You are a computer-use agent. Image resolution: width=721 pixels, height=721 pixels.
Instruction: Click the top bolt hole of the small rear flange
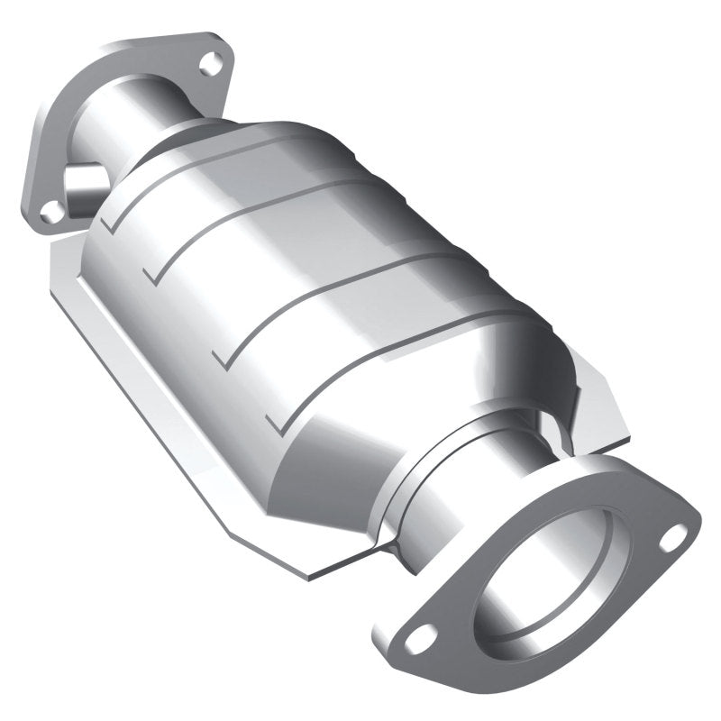[x=211, y=61]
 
